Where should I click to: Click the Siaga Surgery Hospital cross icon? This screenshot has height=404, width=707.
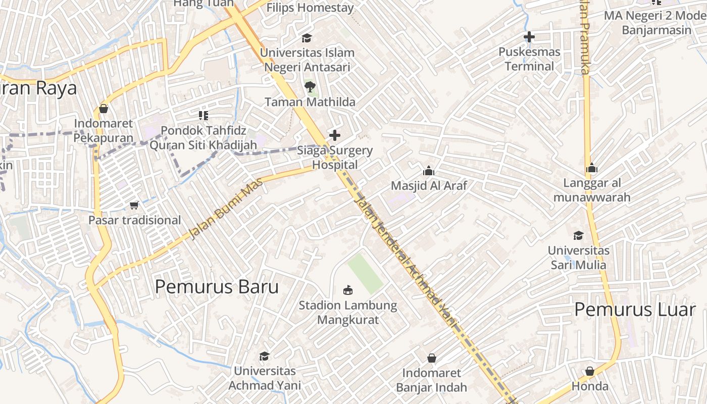click(x=334, y=135)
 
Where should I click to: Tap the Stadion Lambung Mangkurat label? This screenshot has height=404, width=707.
click(x=348, y=313)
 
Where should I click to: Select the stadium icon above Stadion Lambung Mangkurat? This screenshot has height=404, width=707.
click(x=347, y=290)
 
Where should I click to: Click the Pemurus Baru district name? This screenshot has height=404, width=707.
click(x=217, y=287)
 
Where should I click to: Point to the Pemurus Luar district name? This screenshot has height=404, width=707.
click(x=635, y=309)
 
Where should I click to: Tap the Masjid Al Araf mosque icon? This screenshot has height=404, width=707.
click(x=429, y=171)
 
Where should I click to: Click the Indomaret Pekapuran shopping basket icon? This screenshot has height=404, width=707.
click(x=104, y=109)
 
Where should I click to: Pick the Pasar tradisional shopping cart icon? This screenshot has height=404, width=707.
click(x=134, y=205)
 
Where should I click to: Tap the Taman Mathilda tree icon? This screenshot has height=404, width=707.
click(x=310, y=87)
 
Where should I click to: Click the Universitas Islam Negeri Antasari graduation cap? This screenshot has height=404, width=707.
click(x=307, y=38)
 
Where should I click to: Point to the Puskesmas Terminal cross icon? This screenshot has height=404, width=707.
click(x=529, y=37)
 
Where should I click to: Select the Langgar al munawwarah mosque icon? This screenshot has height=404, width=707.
click(x=592, y=168)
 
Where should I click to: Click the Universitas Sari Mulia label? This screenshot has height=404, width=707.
click(x=579, y=258)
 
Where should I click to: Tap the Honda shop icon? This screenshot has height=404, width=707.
click(x=590, y=371)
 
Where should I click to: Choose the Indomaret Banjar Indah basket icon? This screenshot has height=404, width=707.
click(x=432, y=358)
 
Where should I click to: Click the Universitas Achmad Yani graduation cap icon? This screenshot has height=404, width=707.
click(x=264, y=357)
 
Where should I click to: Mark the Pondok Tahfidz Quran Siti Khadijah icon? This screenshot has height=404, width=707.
click(x=204, y=116)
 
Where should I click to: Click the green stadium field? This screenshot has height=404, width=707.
click(x=365, y=273)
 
